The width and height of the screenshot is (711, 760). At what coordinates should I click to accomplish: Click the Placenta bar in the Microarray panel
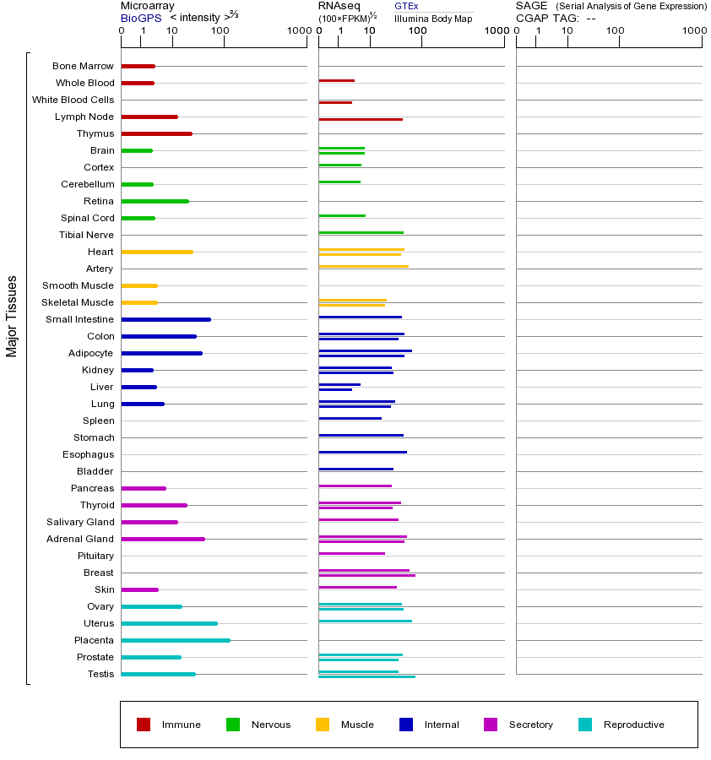point(176,640)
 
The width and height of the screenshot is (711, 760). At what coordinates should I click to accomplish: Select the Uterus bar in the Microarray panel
point(169,623)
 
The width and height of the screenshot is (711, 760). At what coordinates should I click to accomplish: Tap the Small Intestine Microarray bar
point(166,319)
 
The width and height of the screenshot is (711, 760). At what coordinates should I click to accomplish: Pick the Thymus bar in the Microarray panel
point(156,133)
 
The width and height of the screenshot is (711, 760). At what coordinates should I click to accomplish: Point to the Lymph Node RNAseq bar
point(361,119)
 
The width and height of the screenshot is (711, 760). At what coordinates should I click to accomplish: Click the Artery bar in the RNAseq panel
point(363,266)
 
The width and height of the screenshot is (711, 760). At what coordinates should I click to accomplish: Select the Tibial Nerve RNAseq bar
point(361,232)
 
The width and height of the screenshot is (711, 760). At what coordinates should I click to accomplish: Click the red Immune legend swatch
point(144,725)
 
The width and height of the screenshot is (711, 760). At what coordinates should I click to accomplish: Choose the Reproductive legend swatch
point(585,725)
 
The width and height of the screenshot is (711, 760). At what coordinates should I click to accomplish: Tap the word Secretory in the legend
point(530,725)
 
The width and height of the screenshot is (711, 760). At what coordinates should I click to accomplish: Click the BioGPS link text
point(141,18)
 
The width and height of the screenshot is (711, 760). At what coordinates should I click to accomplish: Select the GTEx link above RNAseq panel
point(406,6)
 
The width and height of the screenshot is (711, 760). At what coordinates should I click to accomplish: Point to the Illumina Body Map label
point(433,18)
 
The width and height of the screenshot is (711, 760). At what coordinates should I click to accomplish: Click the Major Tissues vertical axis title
point(12,316)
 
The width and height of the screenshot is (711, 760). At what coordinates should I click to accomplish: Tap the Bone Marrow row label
point(83,66)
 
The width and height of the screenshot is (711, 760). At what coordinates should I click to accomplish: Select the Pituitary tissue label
point(95,556)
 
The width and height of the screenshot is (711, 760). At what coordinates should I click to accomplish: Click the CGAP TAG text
point(547,18)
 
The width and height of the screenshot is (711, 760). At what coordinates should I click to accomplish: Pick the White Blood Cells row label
point(73,100)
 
